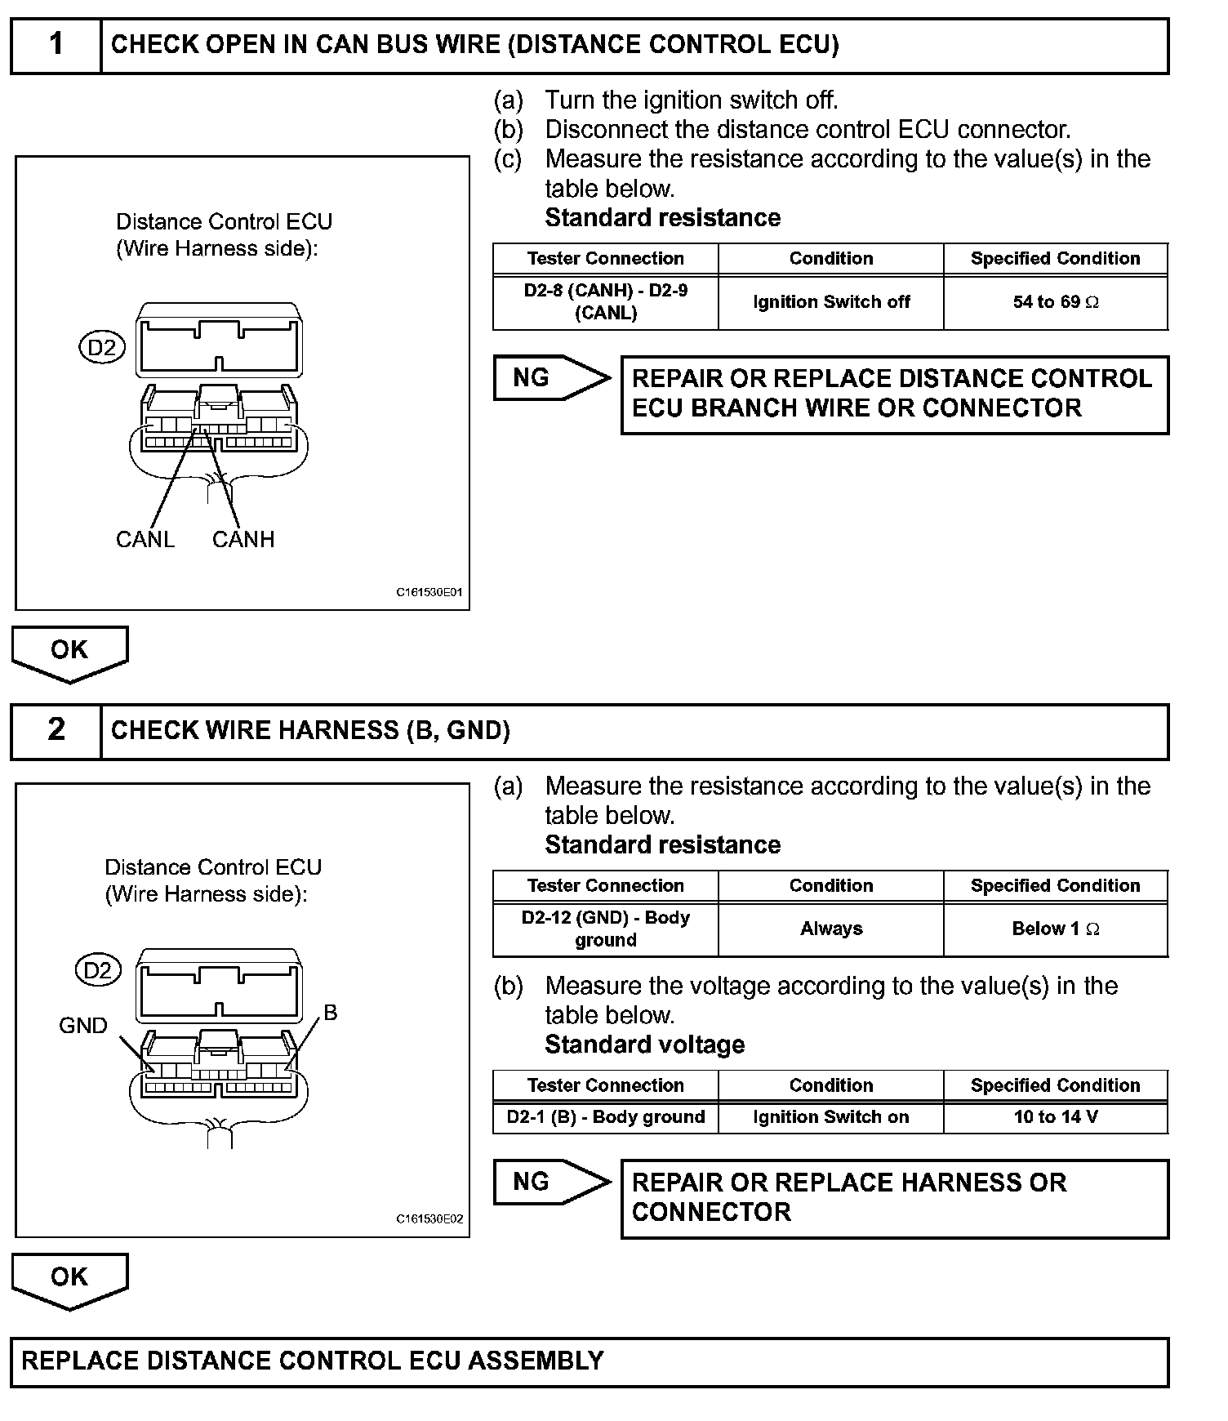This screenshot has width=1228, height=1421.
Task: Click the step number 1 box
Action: click(x=56, y=45)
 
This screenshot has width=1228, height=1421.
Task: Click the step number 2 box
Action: click(x=56, y=730)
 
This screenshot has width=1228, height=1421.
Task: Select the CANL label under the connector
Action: click(x=145, y=540)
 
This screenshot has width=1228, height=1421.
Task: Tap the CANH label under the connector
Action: click(x=243, y=540)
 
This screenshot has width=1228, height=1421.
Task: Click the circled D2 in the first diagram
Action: click(x=102, y=349)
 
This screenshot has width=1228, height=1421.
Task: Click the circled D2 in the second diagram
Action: click(x=98, y=970)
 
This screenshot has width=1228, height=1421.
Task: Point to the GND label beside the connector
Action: click(x=83, y=1026)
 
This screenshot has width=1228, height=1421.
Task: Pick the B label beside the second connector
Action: click(x=331, y=1013)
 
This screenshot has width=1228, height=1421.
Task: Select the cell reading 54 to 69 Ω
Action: click(x=1056, y=303)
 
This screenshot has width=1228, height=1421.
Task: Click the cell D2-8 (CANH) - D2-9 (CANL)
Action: click(x=606, y=302)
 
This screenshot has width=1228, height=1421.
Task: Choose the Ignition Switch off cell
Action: click(x=831, y=303)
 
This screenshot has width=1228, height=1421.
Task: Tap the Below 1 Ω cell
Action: click(x=1056, y=929)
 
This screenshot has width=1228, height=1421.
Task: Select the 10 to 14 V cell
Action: click(x=1056, y=1118)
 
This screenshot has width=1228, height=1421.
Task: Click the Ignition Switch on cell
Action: click(x=831, y=1118)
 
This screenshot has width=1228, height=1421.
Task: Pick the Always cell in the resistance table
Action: click(x=831, y=929)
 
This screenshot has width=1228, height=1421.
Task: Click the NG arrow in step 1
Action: click(x=549, y=378)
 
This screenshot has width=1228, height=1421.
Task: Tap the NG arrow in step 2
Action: click(x=549, y=1182)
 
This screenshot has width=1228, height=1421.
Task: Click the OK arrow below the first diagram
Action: click(x=69, y=652)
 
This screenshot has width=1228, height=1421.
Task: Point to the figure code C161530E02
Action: click(x=429, y=1219)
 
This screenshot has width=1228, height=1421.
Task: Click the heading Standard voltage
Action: click(x=645, y=1045)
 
